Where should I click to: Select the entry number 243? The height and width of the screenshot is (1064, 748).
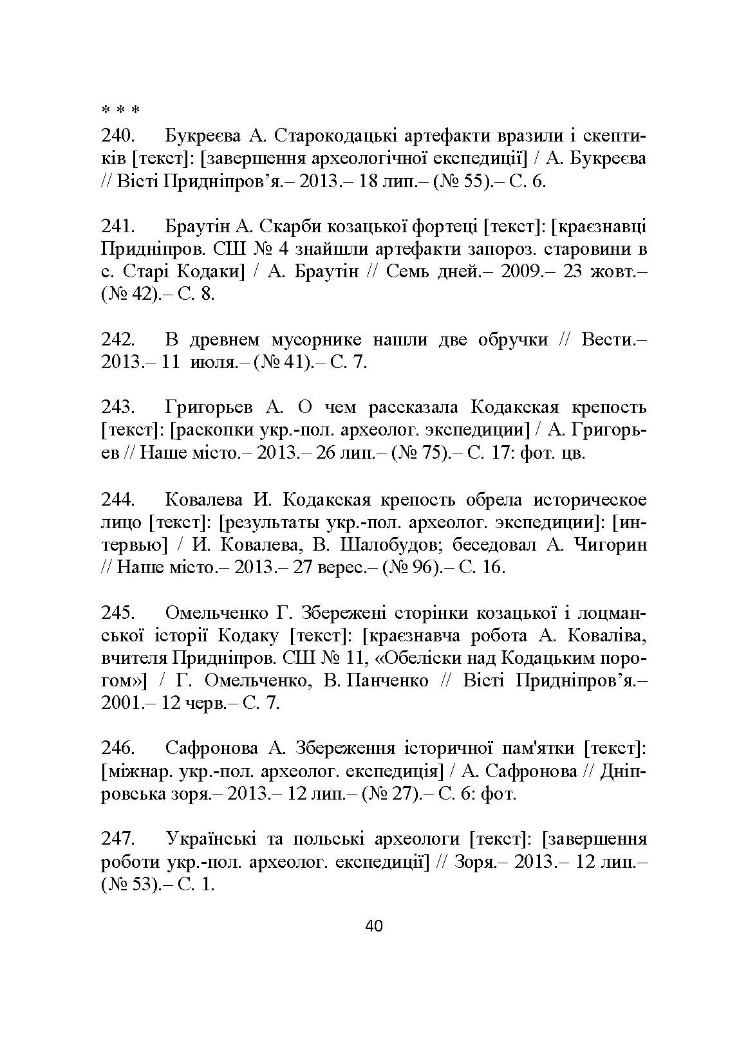coord(117,408)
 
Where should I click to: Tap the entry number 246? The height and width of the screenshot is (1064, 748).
coord(117,748)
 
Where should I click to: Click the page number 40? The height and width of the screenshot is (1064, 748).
coord(373,926)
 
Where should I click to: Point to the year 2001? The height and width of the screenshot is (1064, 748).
coord(122,703)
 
